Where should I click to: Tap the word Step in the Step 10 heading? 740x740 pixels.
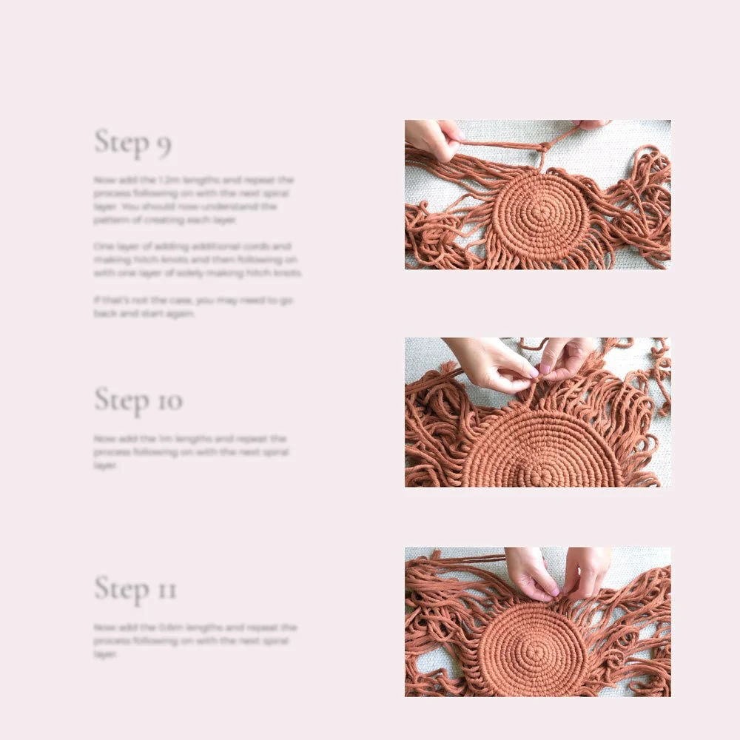coord(123,400)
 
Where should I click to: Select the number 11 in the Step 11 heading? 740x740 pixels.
coord(166,590)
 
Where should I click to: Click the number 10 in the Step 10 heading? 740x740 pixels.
coord(169,402)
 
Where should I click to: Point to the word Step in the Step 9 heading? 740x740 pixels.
coord(122,141)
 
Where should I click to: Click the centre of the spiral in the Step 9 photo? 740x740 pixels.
coord(542,212)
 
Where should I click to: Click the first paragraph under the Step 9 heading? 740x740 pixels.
coord(194,200)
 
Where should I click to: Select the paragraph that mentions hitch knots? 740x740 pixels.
coord(198,259)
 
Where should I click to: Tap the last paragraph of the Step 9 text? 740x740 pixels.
coord(194,306)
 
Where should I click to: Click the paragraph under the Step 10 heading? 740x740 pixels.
coord(191,451)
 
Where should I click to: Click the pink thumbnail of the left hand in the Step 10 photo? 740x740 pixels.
coord(531,376)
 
